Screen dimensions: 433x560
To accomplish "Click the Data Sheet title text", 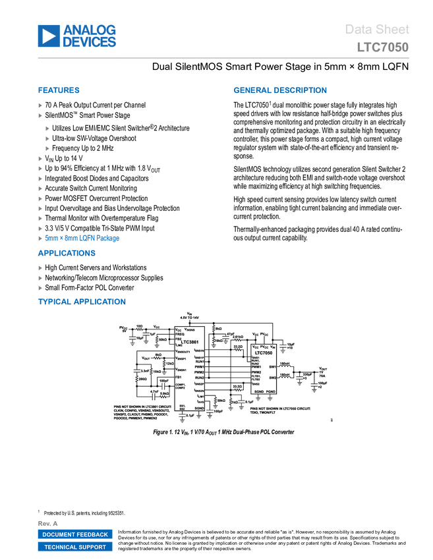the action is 378,30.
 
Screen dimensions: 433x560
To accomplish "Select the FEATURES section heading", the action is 59,91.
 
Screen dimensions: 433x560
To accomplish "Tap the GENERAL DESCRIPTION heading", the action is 279,91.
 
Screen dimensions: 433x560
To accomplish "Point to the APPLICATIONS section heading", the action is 67,254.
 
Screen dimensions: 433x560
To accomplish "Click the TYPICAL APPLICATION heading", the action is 82,302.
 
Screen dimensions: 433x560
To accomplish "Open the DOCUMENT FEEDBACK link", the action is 75,534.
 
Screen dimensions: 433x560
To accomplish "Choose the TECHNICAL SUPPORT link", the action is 75,547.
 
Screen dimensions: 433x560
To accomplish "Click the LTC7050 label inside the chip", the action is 264,353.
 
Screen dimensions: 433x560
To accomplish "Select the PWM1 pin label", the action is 256,367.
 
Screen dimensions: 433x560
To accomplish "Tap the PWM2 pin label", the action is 256,372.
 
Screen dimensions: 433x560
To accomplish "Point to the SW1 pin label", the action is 272,367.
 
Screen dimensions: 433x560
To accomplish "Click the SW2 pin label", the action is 272,378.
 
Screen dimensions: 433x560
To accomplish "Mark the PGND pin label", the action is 271,391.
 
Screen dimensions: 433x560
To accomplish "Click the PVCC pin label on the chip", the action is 264,347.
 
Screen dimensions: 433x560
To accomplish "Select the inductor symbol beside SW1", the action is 285,368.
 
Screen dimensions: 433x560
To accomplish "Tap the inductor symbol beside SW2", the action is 285,379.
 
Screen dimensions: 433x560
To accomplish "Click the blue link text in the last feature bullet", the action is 82,238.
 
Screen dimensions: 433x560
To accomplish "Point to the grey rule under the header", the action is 223,58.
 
